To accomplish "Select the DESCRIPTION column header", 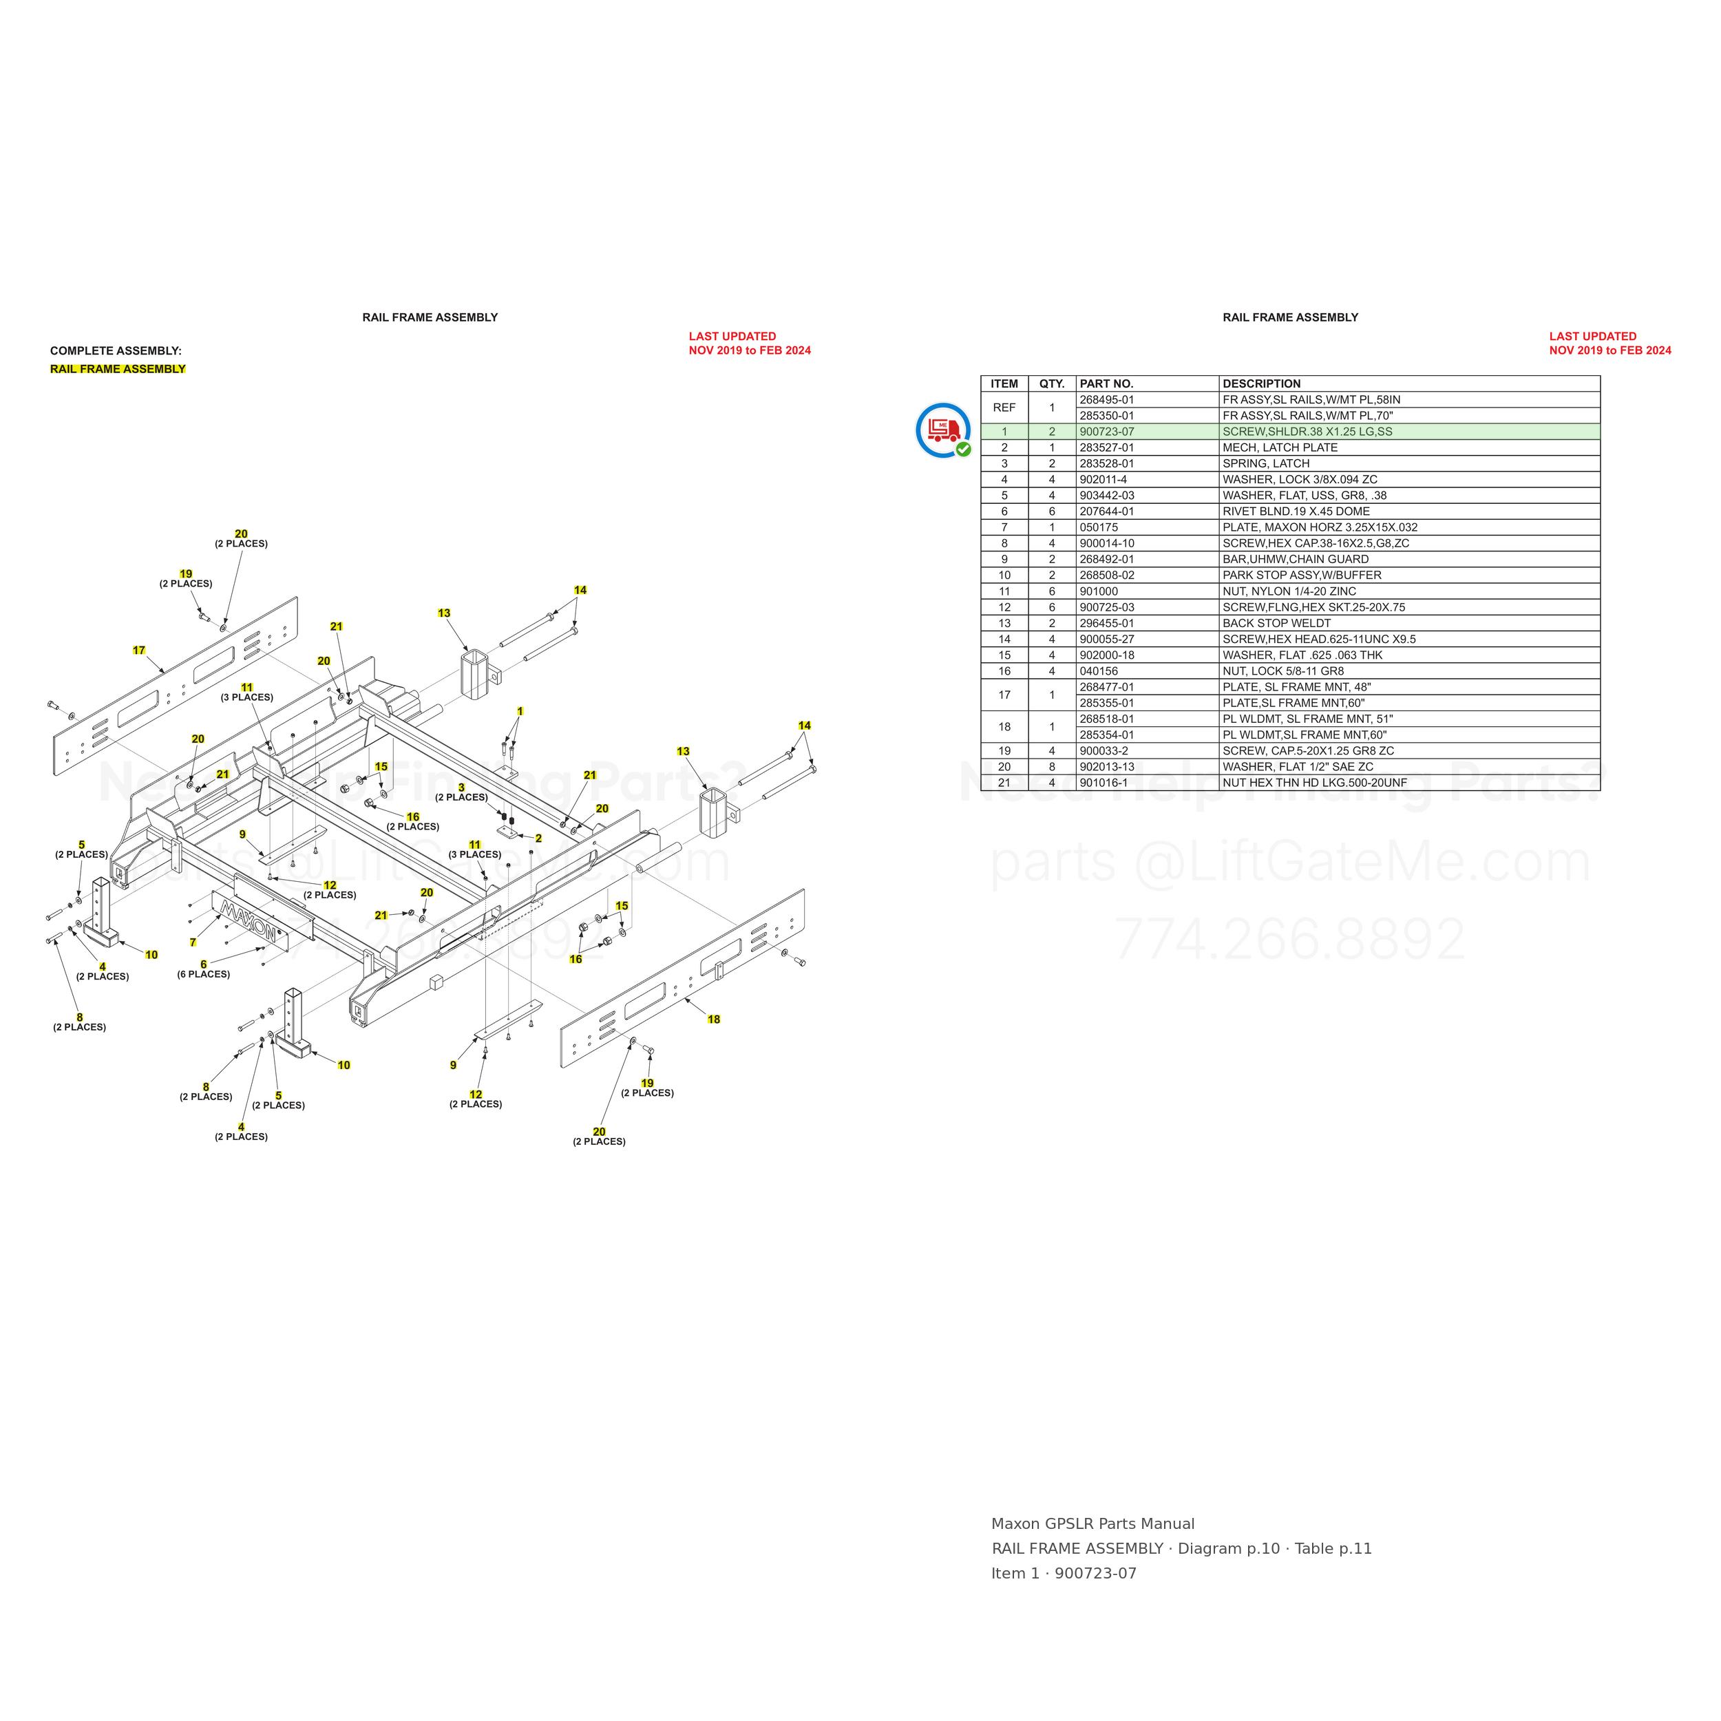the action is click(x=1261, y=384).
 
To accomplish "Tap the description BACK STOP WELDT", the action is click(x=1276, y=624).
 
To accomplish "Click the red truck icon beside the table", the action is click(x=942, y=430).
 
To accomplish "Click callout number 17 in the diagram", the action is click(x=139, y=651).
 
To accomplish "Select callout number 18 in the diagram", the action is click(x=713, y=1019).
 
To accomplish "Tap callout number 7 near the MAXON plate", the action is click(x=193, y=942).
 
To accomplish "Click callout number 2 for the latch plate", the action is click(x=538, y=838).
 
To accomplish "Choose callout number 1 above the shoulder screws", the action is click(x=520, y=712).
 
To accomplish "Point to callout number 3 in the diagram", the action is click(x=461, y=788).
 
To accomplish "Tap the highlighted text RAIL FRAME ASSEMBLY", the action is click(x=118, y=369).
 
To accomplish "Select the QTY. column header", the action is click(x=1052, y=384).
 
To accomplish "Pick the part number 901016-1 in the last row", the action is click(x=1104, y=783).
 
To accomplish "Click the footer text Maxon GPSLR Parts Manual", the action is click(x=1093, y=1524).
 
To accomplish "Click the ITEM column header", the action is click(x=1004, y=384).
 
